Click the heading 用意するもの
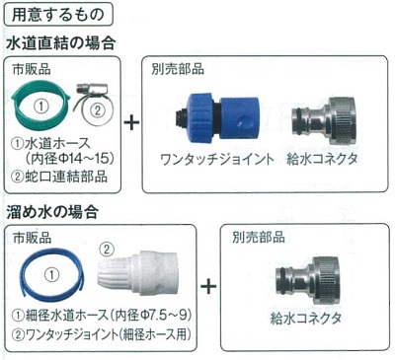pyautogui.click(x=58, y=15)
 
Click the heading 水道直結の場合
pyautogui.click(x=61, y=43)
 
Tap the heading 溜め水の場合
pyautogui.click(x=52, y=212)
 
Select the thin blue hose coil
pyautogui.click(x=27, y=275)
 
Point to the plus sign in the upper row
pyautogui.click(x=131, y=123)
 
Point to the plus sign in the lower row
pyautogui.click(x=208, y=286)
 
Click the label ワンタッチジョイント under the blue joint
pyautogui.click(x=217, y=160)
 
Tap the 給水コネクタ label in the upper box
pyautogui.click(x=322, y=159)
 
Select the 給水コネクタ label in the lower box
pyautogui.click(x=305, y=319)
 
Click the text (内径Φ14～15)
pyautogui.click(x=71, y=159)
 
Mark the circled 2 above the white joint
pyautogui.click(x=106, y=250)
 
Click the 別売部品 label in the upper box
pyautogui.click(x=178, y=69)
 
